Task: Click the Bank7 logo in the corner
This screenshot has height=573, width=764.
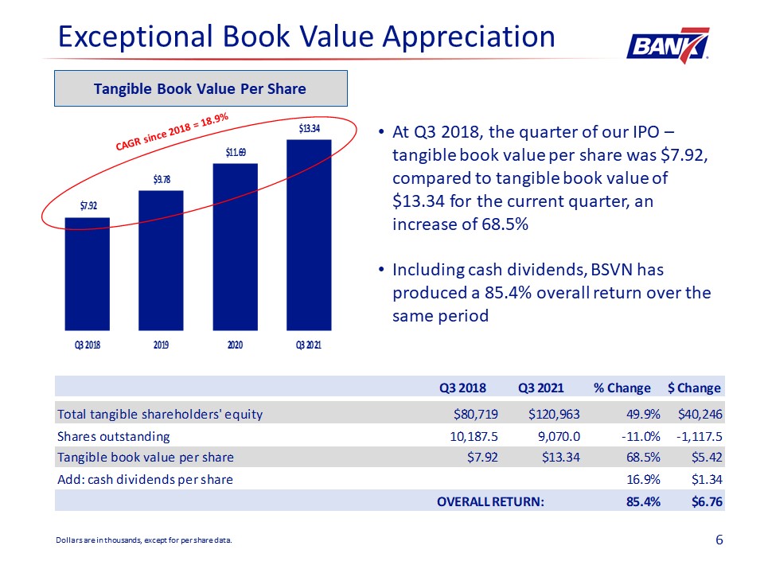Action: coord(668,45)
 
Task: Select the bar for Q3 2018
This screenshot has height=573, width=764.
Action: coord(88,274)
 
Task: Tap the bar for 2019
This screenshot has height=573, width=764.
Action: coord(161,260)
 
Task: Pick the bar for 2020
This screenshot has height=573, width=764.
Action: coord(235,247)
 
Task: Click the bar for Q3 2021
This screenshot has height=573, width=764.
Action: coord(309,235)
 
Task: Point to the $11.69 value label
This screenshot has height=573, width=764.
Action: coord(236,153)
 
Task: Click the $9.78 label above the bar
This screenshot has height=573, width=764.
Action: coord(162,179)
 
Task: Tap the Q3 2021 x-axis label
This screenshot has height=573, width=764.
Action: coord(309,345)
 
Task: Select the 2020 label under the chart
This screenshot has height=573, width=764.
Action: coord(235,345)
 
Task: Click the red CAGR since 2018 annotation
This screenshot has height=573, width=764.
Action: coord(172,131)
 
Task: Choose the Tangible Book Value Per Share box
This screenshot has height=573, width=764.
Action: coord(201,88)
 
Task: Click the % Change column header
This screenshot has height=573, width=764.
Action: coord(622,388)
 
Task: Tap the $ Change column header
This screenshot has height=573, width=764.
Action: coord(694,388)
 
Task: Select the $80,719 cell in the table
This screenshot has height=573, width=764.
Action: coord(476,414)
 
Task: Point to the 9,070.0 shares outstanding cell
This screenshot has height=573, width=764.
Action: coord(559,436)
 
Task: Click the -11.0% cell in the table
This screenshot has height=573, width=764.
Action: coord(640,436)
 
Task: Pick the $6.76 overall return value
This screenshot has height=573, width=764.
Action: coord(707,501)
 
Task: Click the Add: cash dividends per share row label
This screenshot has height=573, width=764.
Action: coord(145,479)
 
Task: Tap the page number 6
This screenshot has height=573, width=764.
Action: coord(719,540)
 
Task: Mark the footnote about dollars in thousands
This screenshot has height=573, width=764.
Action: coord(144,540)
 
